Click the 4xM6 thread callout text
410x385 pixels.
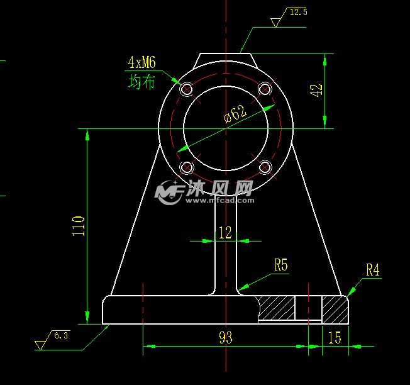[x=141, y=62]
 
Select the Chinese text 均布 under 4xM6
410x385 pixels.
[x=141, y=82]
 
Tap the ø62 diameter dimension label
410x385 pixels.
[x=235, y=113]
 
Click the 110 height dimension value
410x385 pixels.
[x=79, y=225]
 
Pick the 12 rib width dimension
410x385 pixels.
[x=224, y=233]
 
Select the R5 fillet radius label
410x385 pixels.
[x=280, y=265]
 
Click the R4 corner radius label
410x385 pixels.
[x=373, y=271]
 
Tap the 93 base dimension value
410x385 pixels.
[x=225, y=338]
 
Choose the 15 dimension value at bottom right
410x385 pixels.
[x=335, y=338]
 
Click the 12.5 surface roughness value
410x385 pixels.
[x=297, y=12]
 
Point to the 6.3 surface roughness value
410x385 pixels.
[x=61, y=335]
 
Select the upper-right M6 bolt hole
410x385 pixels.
[x=265, y=88]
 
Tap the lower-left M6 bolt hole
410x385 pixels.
[x=186, y=167]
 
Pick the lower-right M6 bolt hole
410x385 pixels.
[x=265, y=167]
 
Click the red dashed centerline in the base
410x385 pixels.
[x=309, y=308]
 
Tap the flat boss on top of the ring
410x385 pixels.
[x=226, y=58]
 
